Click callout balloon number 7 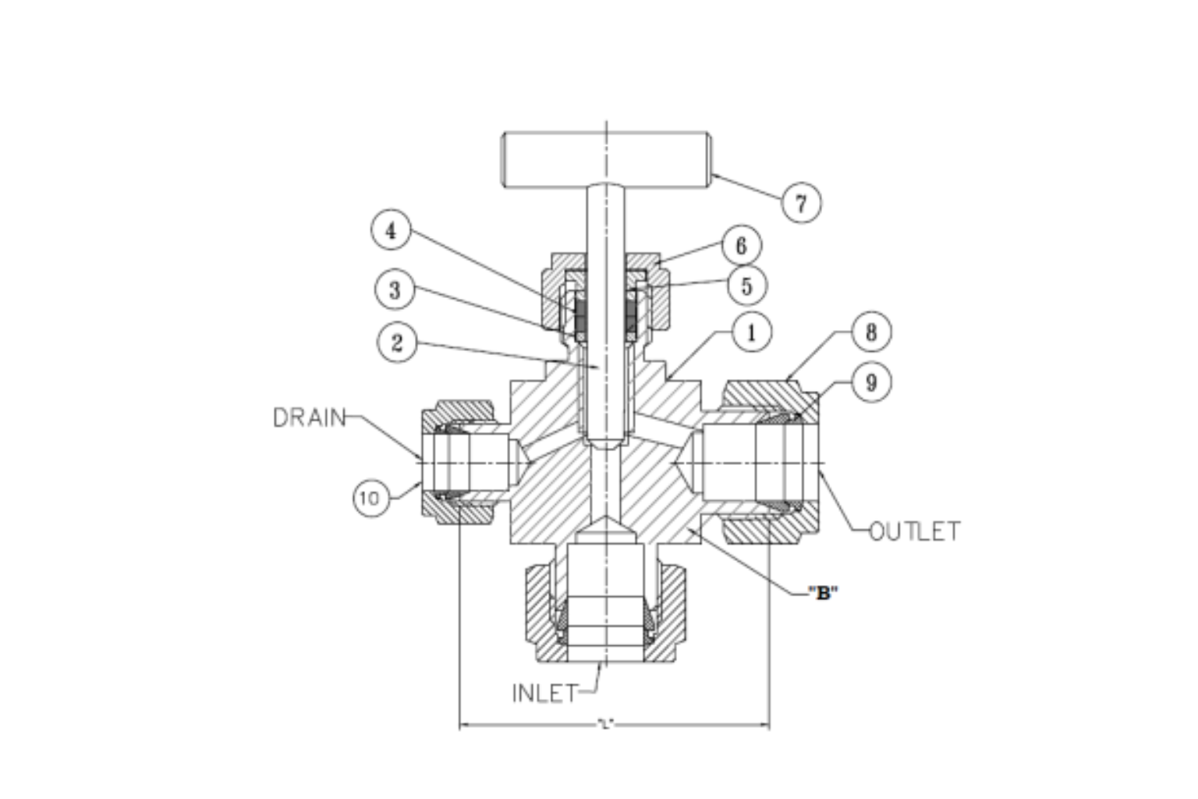[x=801, y=203]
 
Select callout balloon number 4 [x=392, y=231]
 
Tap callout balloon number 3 [x=395, y=290]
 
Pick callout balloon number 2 [x=397, y=343]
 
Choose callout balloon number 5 [x=746, y=286]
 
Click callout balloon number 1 [x=751, y=333]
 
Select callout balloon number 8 [x=870, y=332]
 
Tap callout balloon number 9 [x=870, y=382]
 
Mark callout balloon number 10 [x=371, y=498]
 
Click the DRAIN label [x=309, y=418]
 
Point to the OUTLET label [x=914, y=532]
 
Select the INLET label [x=545, y=693]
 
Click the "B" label [x=822, y=593]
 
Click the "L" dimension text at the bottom [x=606, y=725]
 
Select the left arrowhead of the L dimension [x=464, y=726]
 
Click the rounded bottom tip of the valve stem [x=605, y=443]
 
